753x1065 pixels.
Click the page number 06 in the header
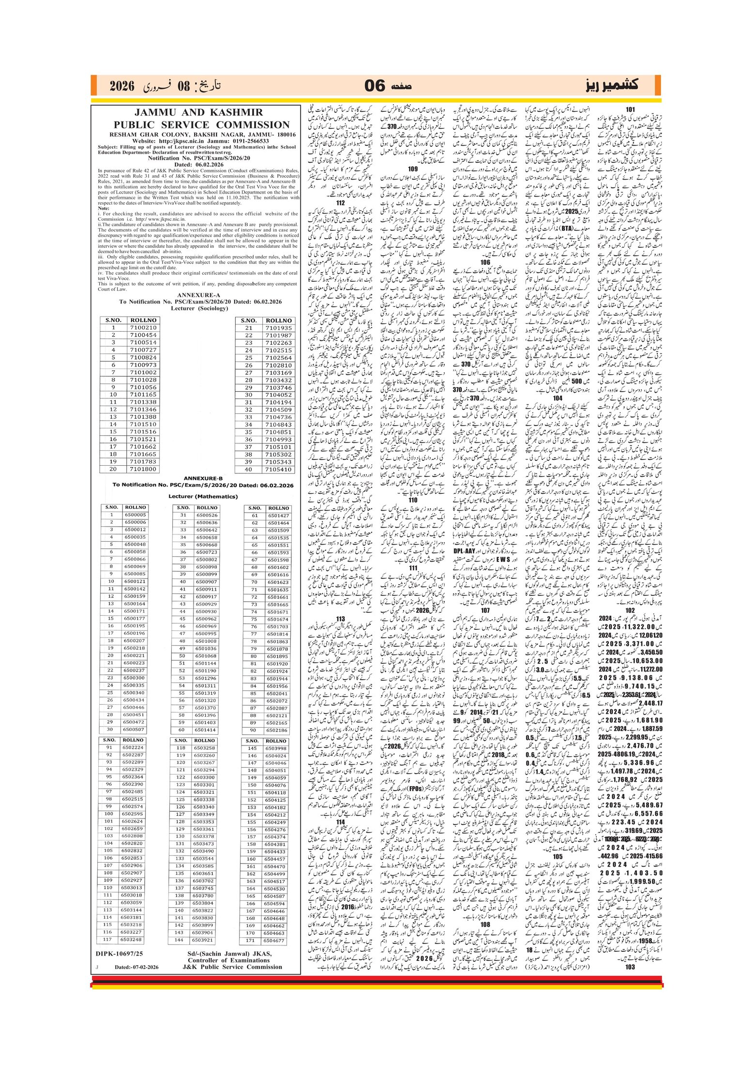tap(375, 86)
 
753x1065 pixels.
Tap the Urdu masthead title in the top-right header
tap(612, 85)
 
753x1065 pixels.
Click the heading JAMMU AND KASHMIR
tap(198, 112)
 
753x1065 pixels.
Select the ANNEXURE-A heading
tap(198, 295)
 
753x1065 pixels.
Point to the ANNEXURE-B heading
tap(203, 478)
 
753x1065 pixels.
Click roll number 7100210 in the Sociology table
tap(143, 328)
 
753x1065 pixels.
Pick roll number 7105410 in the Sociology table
tap(279, 469)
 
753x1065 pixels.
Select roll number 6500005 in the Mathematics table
tap(135, 515)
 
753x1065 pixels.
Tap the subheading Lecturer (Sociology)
tap(198, 308)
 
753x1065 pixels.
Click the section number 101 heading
tap(630, 109)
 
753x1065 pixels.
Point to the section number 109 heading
tap(412, 169)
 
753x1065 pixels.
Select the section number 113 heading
tap(340, 619)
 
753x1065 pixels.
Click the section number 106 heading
tap(485, 262)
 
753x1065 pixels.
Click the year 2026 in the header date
tap(121, 86)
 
